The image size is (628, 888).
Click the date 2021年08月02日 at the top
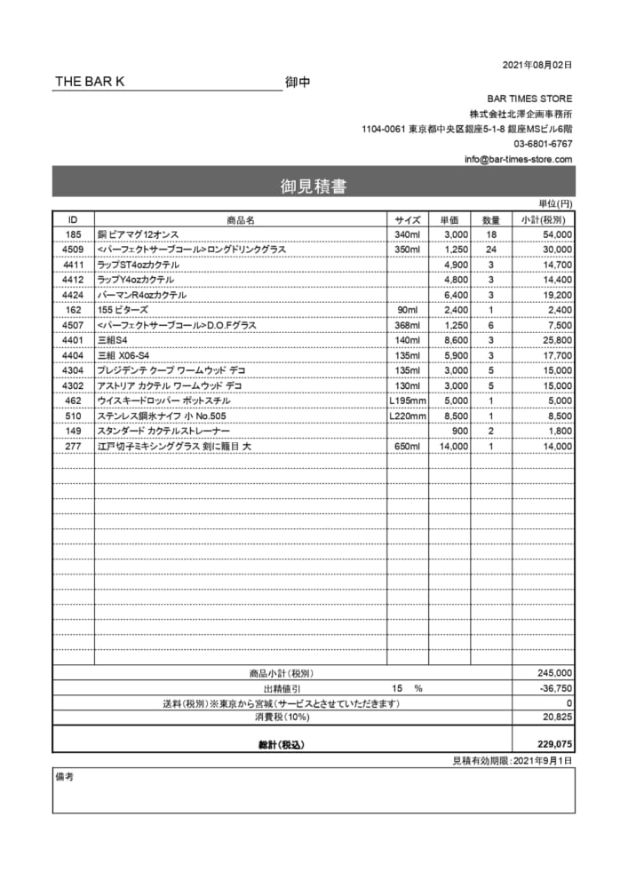pyautogui.click(x=537, y=65)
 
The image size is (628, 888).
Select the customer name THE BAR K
pyautogui.click(x=90, y=82)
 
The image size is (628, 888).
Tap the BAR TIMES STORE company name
pyautogui.click(x=529, y=99)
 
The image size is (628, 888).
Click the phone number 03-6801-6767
pyautogui.click(x=543, y=144)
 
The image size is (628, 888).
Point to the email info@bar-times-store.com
pyautogui.click(x=519, y=159)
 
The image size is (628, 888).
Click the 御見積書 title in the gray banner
pyautogui.click(x=314, y=186)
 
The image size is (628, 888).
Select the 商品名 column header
pyautogui.click(x=241, y=219)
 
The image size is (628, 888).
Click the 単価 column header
pyautogui.click(x=449, y=219)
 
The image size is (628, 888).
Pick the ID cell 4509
pyautogui.click(x=73, y=250)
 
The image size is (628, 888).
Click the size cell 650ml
pyautogui.click(x=407, y=447)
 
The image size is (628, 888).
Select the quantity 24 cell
pyautogui.click(x=491, y=250)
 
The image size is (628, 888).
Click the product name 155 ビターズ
pyautogui.click(x=123, y=310)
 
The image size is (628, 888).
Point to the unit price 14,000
pyautogui.click(x=453, y=447)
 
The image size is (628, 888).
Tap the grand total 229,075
pyautogui.click(x=555, y=744)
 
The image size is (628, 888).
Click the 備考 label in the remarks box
pyautogui.click(x=65, y=776)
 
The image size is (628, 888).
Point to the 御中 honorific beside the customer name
pyautogui.click(x=298, y=83)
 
